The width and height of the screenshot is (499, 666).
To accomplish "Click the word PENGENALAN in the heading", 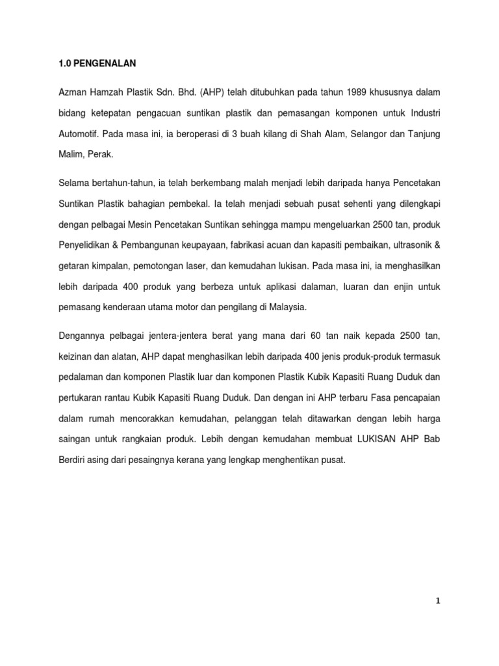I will tap(103, 64).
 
